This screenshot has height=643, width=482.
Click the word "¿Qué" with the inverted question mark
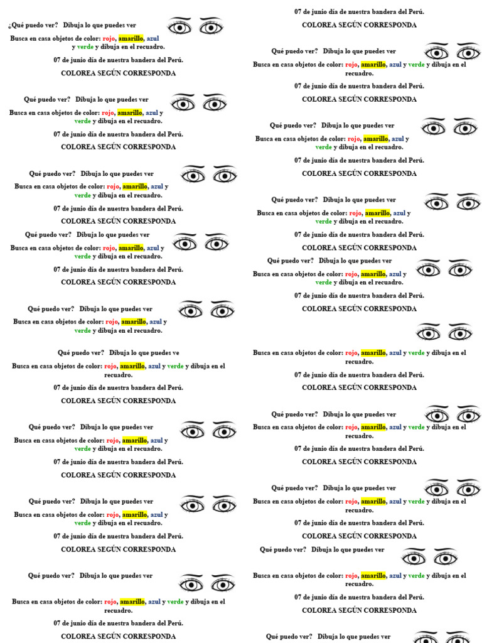pyautogui.click(x=16, y=25)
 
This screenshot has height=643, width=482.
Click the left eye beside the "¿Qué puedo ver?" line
pyautogui.click(x=179, y=26)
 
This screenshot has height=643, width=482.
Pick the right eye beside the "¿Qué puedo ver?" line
pyautogui.click(x=211, y=26)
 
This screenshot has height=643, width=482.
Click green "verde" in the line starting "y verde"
pyautogui.click(x=85, y=47)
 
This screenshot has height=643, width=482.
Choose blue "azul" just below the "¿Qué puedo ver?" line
pyautogui.click(x=153, y=38)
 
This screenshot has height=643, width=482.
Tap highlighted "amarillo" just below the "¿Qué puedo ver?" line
pyautogui.click(x=131, y=38)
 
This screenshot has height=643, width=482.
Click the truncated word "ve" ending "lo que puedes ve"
pyautogui.click(x=175, y=353)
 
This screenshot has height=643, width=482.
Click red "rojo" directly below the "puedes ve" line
pyautogui.click(x=110, y=366)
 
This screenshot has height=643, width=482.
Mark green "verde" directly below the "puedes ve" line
pyautogui.click(x=175, y=366)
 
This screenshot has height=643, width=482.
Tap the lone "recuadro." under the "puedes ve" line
pyautogui.click(x=118, y=375)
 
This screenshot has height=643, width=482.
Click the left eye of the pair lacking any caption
pyautogui.click(x=429, y=332)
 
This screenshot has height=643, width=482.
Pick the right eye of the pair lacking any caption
pyautogui.click(x=460, y=332)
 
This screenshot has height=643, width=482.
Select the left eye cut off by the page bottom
pyautogui.click(x=426, y=637)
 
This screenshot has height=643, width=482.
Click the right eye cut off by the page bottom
pyautogui.click(x=457, y=637)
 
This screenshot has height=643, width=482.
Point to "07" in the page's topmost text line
pyautogui.click(x=298, y=12)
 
